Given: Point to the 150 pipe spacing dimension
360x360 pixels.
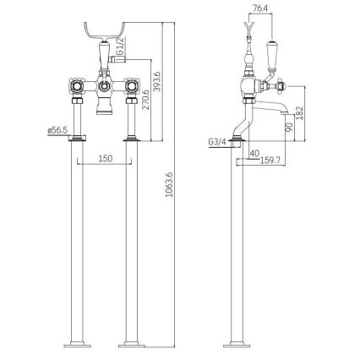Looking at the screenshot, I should click(x=104, y=159).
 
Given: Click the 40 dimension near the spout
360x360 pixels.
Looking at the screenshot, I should click(x=254, y=154).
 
